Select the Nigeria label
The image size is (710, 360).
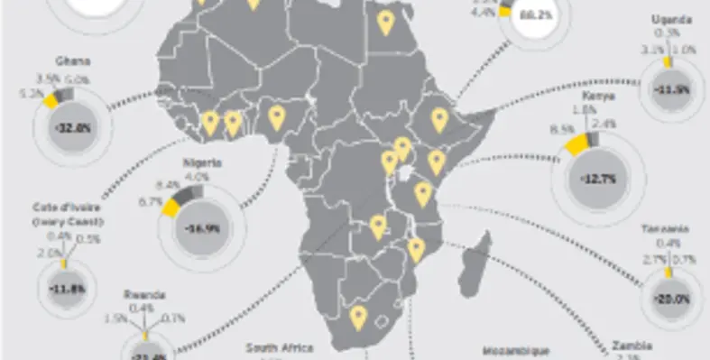pos(201,162)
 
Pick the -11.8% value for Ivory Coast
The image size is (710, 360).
pos(65,289)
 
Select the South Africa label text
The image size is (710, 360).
pos(281,347)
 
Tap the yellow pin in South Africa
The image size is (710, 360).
pos(358,316)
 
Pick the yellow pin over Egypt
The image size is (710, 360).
pos(386,22)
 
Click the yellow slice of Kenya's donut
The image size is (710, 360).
pos(573,145)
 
